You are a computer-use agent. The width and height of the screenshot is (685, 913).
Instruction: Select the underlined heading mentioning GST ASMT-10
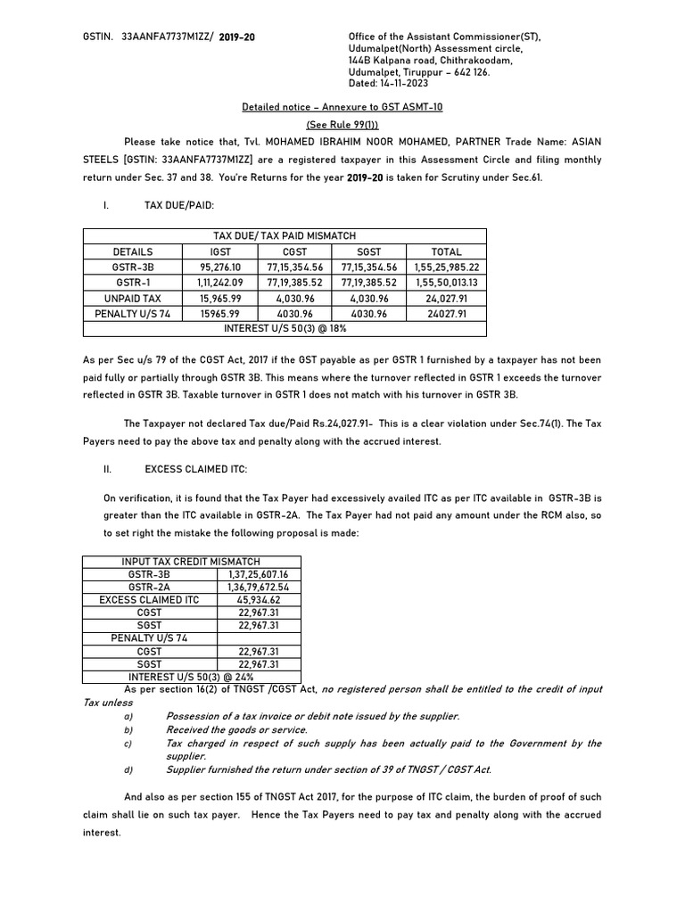click(x=342, y=107)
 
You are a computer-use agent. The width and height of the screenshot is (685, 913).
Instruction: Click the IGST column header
click(x=220, y=251)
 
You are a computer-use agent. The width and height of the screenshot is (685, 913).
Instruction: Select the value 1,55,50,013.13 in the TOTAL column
click(x=447, y=282)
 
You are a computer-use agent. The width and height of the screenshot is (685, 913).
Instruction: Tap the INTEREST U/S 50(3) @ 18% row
click(x=285, y=328)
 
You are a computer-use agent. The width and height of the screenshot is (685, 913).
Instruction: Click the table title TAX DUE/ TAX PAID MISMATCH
click(x=285, y=236)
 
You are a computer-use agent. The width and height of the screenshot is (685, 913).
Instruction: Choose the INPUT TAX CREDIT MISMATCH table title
click(x=192, y=561)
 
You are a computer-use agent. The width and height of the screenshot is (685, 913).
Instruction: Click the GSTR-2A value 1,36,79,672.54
click(x=259, y=588)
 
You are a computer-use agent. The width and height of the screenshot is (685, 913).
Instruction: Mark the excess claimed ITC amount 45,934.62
click(x=259, y=600)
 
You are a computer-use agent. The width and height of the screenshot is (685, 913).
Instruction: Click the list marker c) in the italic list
click(x=128, y=743)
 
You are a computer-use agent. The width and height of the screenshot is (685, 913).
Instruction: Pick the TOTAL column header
click(x=447, y=251)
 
